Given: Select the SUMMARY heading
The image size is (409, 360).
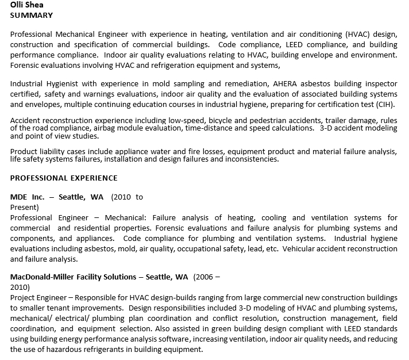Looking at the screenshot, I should point(32,16).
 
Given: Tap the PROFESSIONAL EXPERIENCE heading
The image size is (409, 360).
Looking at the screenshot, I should point(64,178).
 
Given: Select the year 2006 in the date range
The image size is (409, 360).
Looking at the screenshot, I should point(205,277).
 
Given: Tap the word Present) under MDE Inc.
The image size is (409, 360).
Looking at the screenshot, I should point(25,207).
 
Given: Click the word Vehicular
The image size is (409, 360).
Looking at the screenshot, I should point(301,249).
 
